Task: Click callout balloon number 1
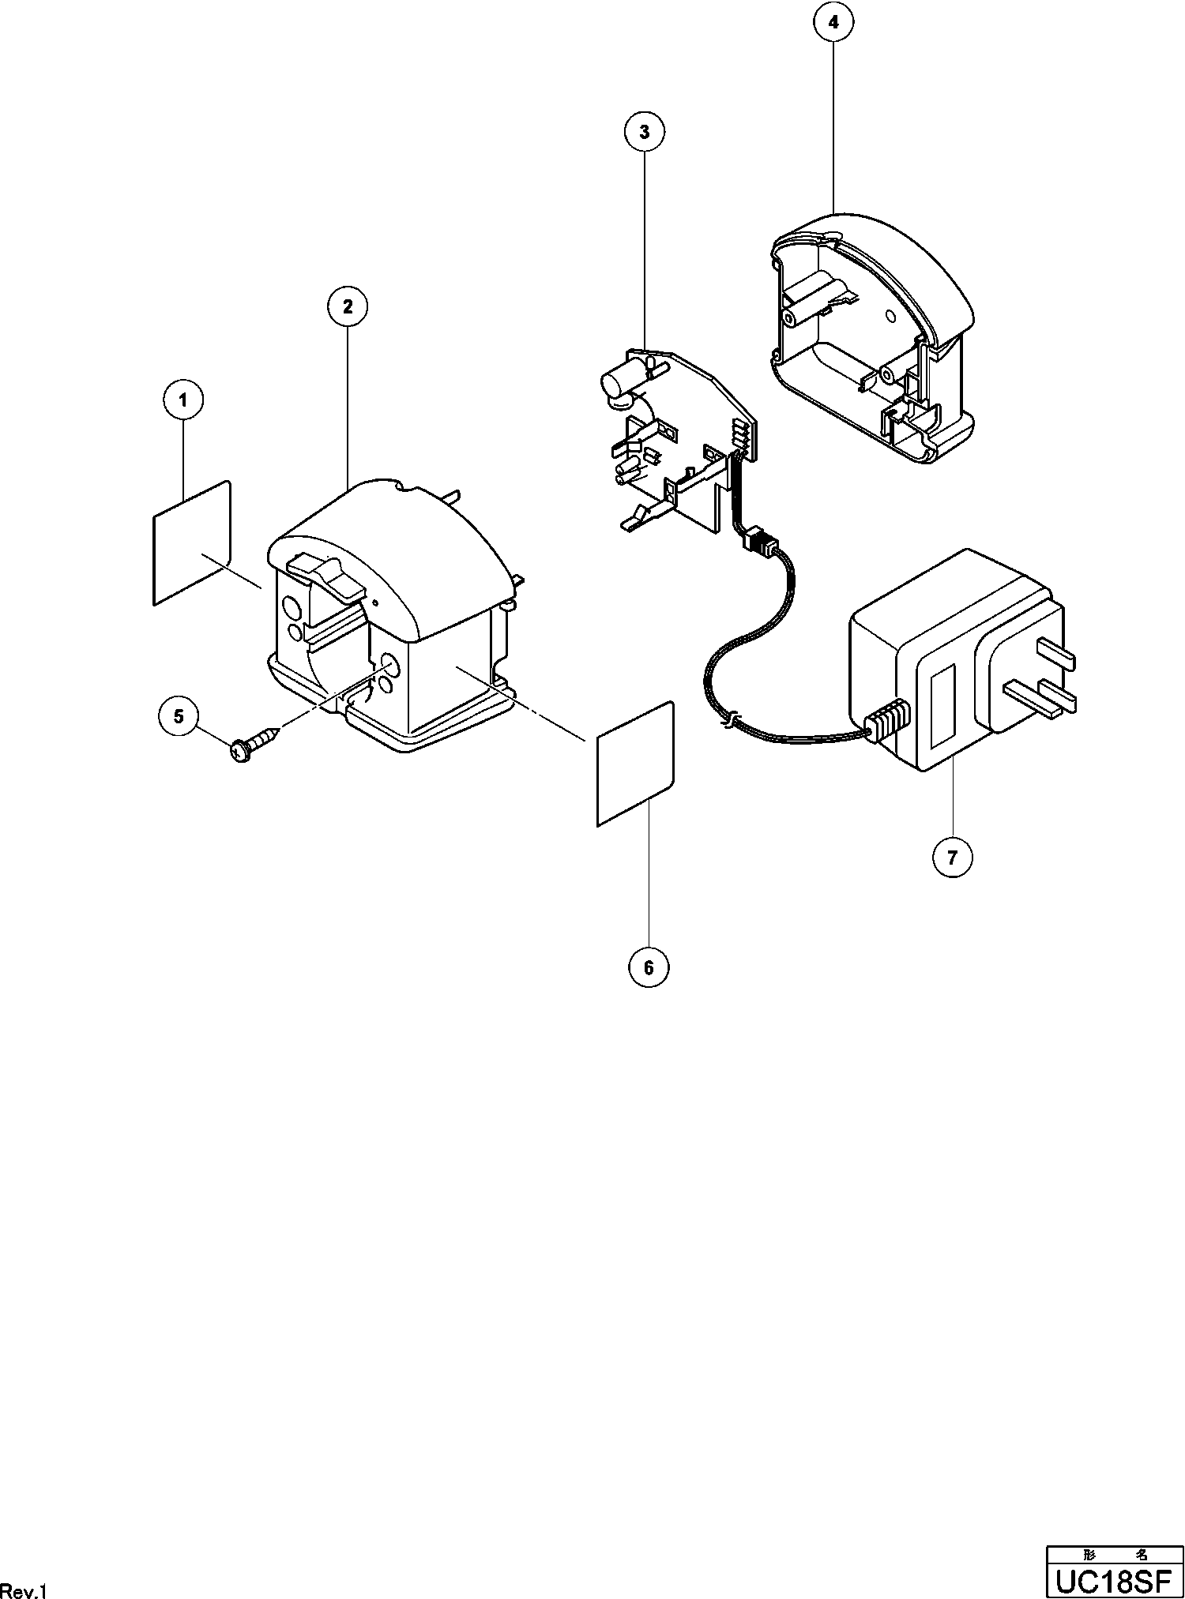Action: point(183,400)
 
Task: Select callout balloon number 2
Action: point(348,306)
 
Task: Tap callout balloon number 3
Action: point(645,133)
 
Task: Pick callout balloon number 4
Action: point(834,23)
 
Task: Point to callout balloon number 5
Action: point(179,716)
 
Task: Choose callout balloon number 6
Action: point(649,967)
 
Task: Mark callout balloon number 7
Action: point(952,857)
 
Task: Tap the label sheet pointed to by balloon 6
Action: point(636,764)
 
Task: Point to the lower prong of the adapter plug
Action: point(1043,695)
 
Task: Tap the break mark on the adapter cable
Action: point(732,719)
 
